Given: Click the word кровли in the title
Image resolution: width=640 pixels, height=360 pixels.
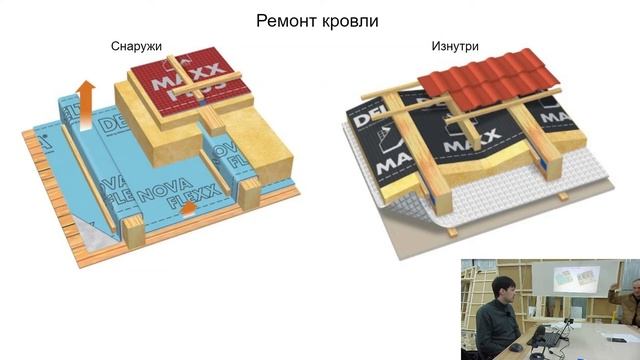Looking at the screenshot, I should pyautogui.click(x=350, y=20).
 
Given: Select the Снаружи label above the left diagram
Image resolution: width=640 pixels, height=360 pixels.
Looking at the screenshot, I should pyautogui.click(x=137, y=46).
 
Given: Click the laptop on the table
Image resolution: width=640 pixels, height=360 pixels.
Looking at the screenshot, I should pyautogui.click(x=545, y=336).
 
